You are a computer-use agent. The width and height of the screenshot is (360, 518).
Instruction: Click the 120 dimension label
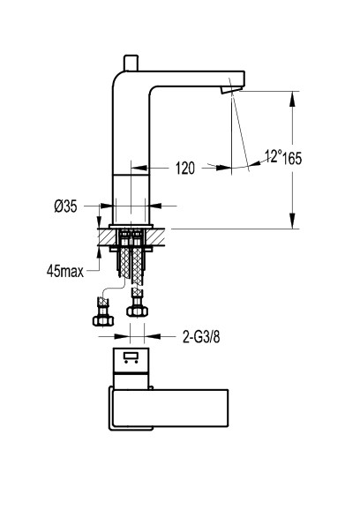[185, 169]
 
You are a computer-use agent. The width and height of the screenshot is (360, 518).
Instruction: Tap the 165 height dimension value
[292, 159]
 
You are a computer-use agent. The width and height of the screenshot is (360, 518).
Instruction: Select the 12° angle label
[274, 156]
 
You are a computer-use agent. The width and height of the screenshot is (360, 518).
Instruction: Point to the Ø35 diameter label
[65, 206]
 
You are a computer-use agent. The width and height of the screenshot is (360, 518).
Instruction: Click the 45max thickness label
[65, 271]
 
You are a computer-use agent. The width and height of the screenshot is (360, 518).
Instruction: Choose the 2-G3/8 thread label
[201, 337]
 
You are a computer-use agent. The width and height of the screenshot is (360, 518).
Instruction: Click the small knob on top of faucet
[131, 63]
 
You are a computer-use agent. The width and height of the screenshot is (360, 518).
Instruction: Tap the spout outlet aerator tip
[232, 89]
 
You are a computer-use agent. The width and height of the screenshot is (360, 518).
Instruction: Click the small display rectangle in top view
[131, 357]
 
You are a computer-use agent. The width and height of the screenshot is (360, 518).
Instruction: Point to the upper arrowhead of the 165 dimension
[292, 99]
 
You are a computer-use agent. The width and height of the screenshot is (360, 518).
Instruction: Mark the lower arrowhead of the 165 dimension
[292, 221]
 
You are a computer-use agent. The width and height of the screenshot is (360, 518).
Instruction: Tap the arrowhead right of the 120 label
[224, 168]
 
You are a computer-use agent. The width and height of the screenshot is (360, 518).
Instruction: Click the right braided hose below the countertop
[138, 266]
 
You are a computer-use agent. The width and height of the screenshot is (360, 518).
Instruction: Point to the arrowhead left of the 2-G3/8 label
[122, 336]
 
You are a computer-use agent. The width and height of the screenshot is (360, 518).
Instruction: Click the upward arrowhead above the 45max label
[99, 252]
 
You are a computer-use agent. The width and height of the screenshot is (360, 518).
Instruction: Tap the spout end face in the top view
[228, 409]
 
